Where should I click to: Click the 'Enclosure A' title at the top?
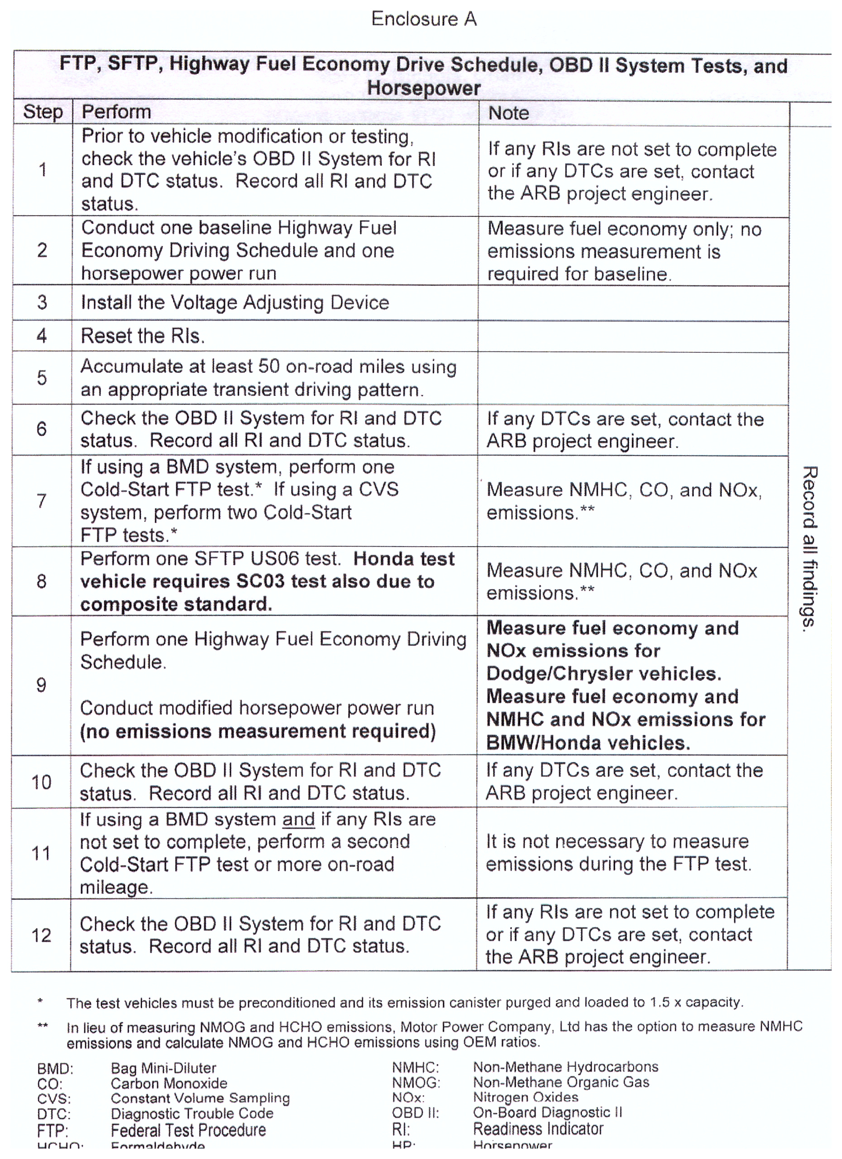tap(424, 19)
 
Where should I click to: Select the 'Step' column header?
tap(43, 112)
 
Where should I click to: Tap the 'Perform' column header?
tap(116, 112)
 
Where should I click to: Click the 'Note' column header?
tap(508, 113)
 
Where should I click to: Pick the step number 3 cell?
tap(42, 302)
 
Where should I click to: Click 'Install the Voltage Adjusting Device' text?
tap(234, 303)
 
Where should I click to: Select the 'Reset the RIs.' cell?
tap(143, 336)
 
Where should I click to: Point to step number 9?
tap(41, 685)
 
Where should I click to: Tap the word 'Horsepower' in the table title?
tap(424, 88)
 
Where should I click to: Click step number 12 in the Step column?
tap(41, 935)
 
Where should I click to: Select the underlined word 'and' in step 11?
tap(298, 819)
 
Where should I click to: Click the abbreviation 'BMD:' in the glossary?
tap(55, 1068)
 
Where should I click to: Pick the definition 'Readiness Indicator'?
tap(538, 1128)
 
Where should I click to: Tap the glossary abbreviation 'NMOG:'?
tap(416, 1083)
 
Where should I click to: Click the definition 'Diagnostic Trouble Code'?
tap(191, 1114)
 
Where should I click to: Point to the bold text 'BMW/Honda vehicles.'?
tap(588, 742)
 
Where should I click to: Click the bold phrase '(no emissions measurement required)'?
tap(258, 731)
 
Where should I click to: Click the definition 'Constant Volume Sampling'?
tap(200, 1098)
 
